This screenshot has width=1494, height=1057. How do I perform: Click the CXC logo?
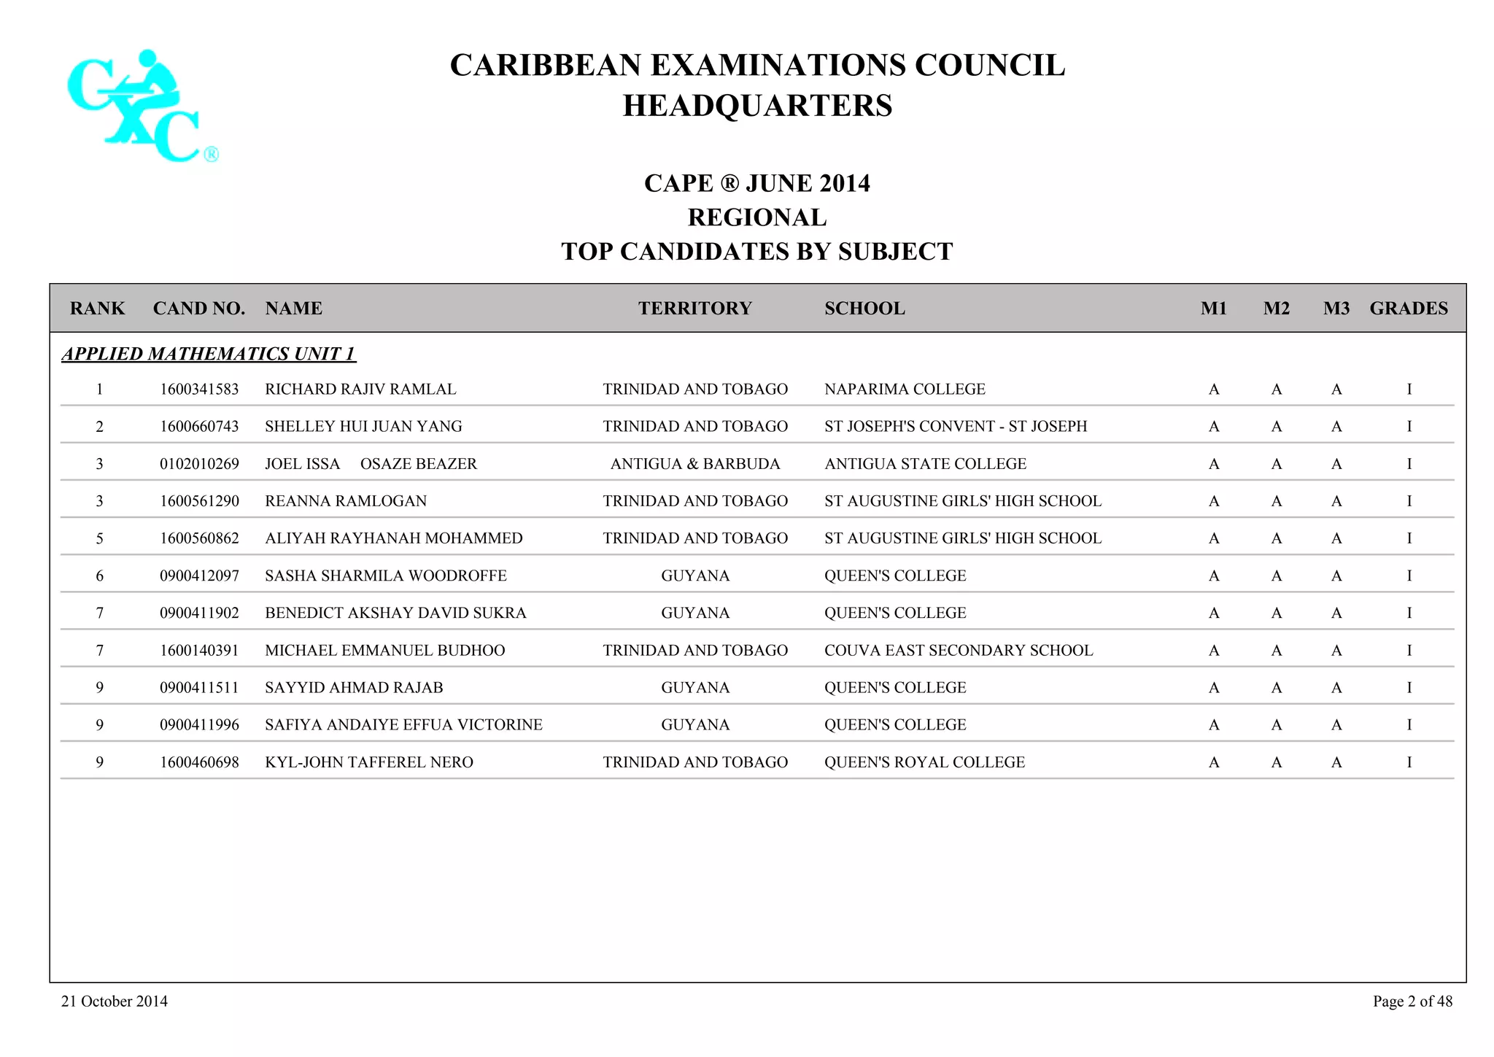click(142, 106)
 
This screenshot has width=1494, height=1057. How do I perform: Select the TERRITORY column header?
click(694, 309)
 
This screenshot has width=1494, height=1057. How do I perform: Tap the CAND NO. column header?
click(198, 309)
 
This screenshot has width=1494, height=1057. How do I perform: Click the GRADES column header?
click(1408, 309)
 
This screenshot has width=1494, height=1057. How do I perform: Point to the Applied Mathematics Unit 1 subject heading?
click(209, 354)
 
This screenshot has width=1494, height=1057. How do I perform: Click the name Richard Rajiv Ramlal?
click(360, 390)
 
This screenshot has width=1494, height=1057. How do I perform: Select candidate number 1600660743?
click(199, 427)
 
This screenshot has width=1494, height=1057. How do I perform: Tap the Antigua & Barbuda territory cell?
click(694, 464)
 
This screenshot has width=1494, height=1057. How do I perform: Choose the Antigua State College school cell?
click(925, 464)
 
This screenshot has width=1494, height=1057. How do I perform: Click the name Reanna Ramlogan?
click(346, 501)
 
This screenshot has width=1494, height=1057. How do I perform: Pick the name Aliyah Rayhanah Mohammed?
click(393, 538)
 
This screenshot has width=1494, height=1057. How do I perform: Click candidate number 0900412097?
click(199, 576)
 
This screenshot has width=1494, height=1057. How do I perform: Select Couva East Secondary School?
click(959, 651)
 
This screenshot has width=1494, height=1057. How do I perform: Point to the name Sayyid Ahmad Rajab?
click(354, 688)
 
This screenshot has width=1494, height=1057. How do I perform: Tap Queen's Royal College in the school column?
click(924, 762)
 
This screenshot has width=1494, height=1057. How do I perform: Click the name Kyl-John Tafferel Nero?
click(368, 762)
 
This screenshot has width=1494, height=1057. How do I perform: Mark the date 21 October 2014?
click(115, 1002)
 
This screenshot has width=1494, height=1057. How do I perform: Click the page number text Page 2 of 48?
click(1412, 1002)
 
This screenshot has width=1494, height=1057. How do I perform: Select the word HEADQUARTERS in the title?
click(757, 106)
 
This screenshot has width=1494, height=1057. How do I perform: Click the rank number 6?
click(99, 576)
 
